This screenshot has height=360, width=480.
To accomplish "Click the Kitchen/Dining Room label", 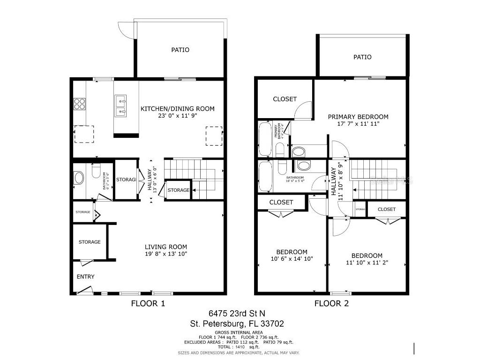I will tap(177, 109).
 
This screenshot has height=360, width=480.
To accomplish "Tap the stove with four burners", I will tap(79, 103).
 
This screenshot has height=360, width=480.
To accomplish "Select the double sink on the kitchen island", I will tap(120, 105).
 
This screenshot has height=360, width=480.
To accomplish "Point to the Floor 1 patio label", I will tap(180, 50).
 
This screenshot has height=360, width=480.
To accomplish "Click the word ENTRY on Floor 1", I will tap(85, 277).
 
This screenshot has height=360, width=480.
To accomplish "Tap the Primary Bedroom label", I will tap(358, 117).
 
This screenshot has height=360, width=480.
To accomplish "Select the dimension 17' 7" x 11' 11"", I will tap(358, 124).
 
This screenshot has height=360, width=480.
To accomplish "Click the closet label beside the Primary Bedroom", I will tap(285, 99).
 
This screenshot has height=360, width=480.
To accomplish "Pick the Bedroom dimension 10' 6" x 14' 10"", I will tap(292, 259).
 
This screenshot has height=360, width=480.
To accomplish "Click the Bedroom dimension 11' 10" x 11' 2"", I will tap(367, 262).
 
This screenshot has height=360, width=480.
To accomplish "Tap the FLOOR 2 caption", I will tap(331, 303).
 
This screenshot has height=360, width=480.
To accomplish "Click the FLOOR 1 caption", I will tap(148, 303).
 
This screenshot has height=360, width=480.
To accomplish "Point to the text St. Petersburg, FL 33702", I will tap(237, 323).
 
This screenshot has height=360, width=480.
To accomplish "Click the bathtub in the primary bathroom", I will tap(265, 139).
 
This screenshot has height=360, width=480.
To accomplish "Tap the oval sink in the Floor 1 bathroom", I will tap(79, 178).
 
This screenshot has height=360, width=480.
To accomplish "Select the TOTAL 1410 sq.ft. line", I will tap(239, 347).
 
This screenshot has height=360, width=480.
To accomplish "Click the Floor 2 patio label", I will tap(362, 57).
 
